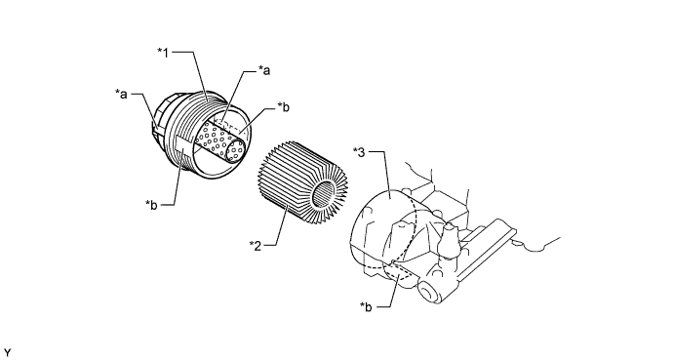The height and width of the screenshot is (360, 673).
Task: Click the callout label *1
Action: pyautogui.click(x=163, y=53)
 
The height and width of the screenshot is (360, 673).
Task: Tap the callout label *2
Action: pyautogui.click(x=255, y=246)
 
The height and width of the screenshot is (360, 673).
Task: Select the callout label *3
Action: pyautogui.click(x=359, y=152)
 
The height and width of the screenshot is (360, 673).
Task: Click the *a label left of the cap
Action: pyautogui.click(x=122, y=94)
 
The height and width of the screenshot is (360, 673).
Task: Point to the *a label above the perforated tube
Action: pyautogui.click(x=264, y=70)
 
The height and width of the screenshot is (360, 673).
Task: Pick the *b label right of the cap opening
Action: pyautogui.click(x=283, y=106)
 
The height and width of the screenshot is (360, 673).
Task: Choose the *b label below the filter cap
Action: pyautogui.click(x=151, y=205)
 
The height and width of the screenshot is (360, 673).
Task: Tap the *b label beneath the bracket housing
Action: pyautogui.click(x=366, y=306)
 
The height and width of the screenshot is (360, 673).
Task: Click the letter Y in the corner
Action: pyautogui.click(x=7, y=353)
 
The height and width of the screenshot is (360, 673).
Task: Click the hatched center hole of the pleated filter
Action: pyautogui.click(x=324, y=193)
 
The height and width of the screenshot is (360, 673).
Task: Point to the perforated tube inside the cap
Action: pyautogui.click(x=220, y=141)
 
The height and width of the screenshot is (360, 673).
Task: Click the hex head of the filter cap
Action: pyautogui.click(x=161, y=116)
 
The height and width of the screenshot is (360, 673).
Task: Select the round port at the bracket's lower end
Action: pyautogui.click(x=427, y=292)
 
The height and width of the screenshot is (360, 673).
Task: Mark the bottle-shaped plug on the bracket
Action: pyautogui.click(x=449, y=241)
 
